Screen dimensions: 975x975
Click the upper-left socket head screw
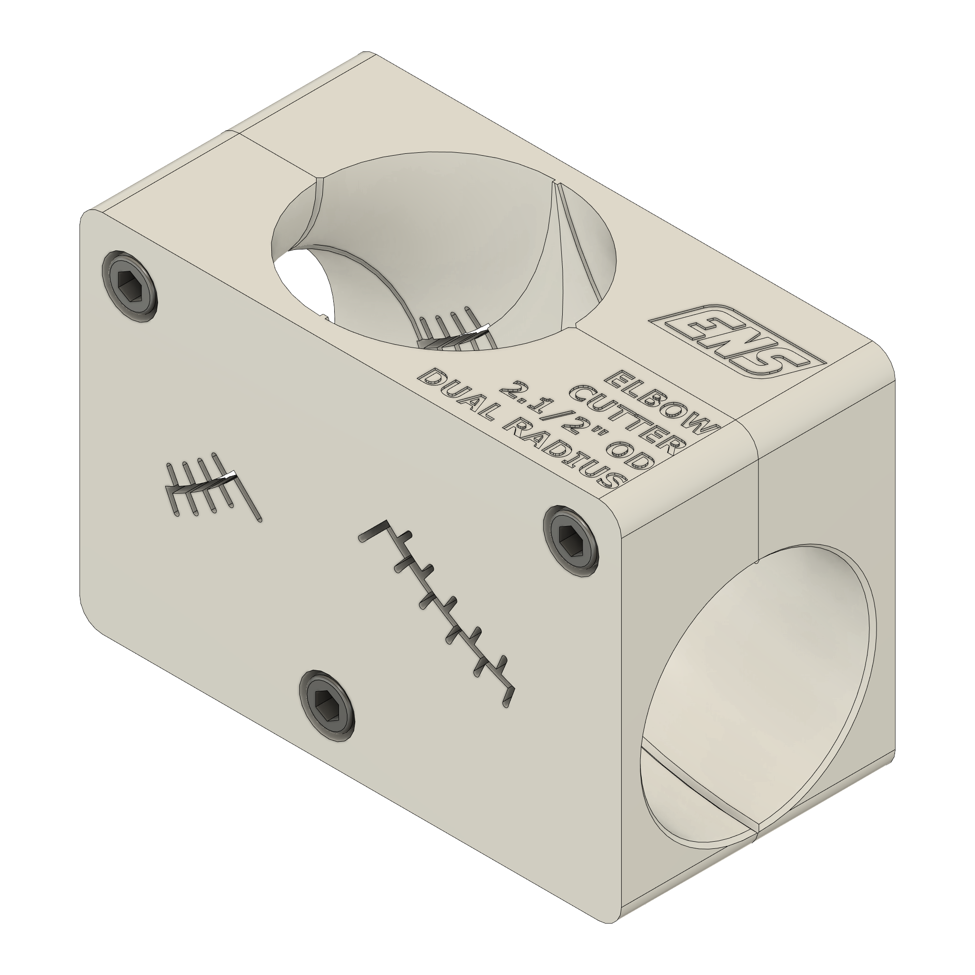tap(129, 286)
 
